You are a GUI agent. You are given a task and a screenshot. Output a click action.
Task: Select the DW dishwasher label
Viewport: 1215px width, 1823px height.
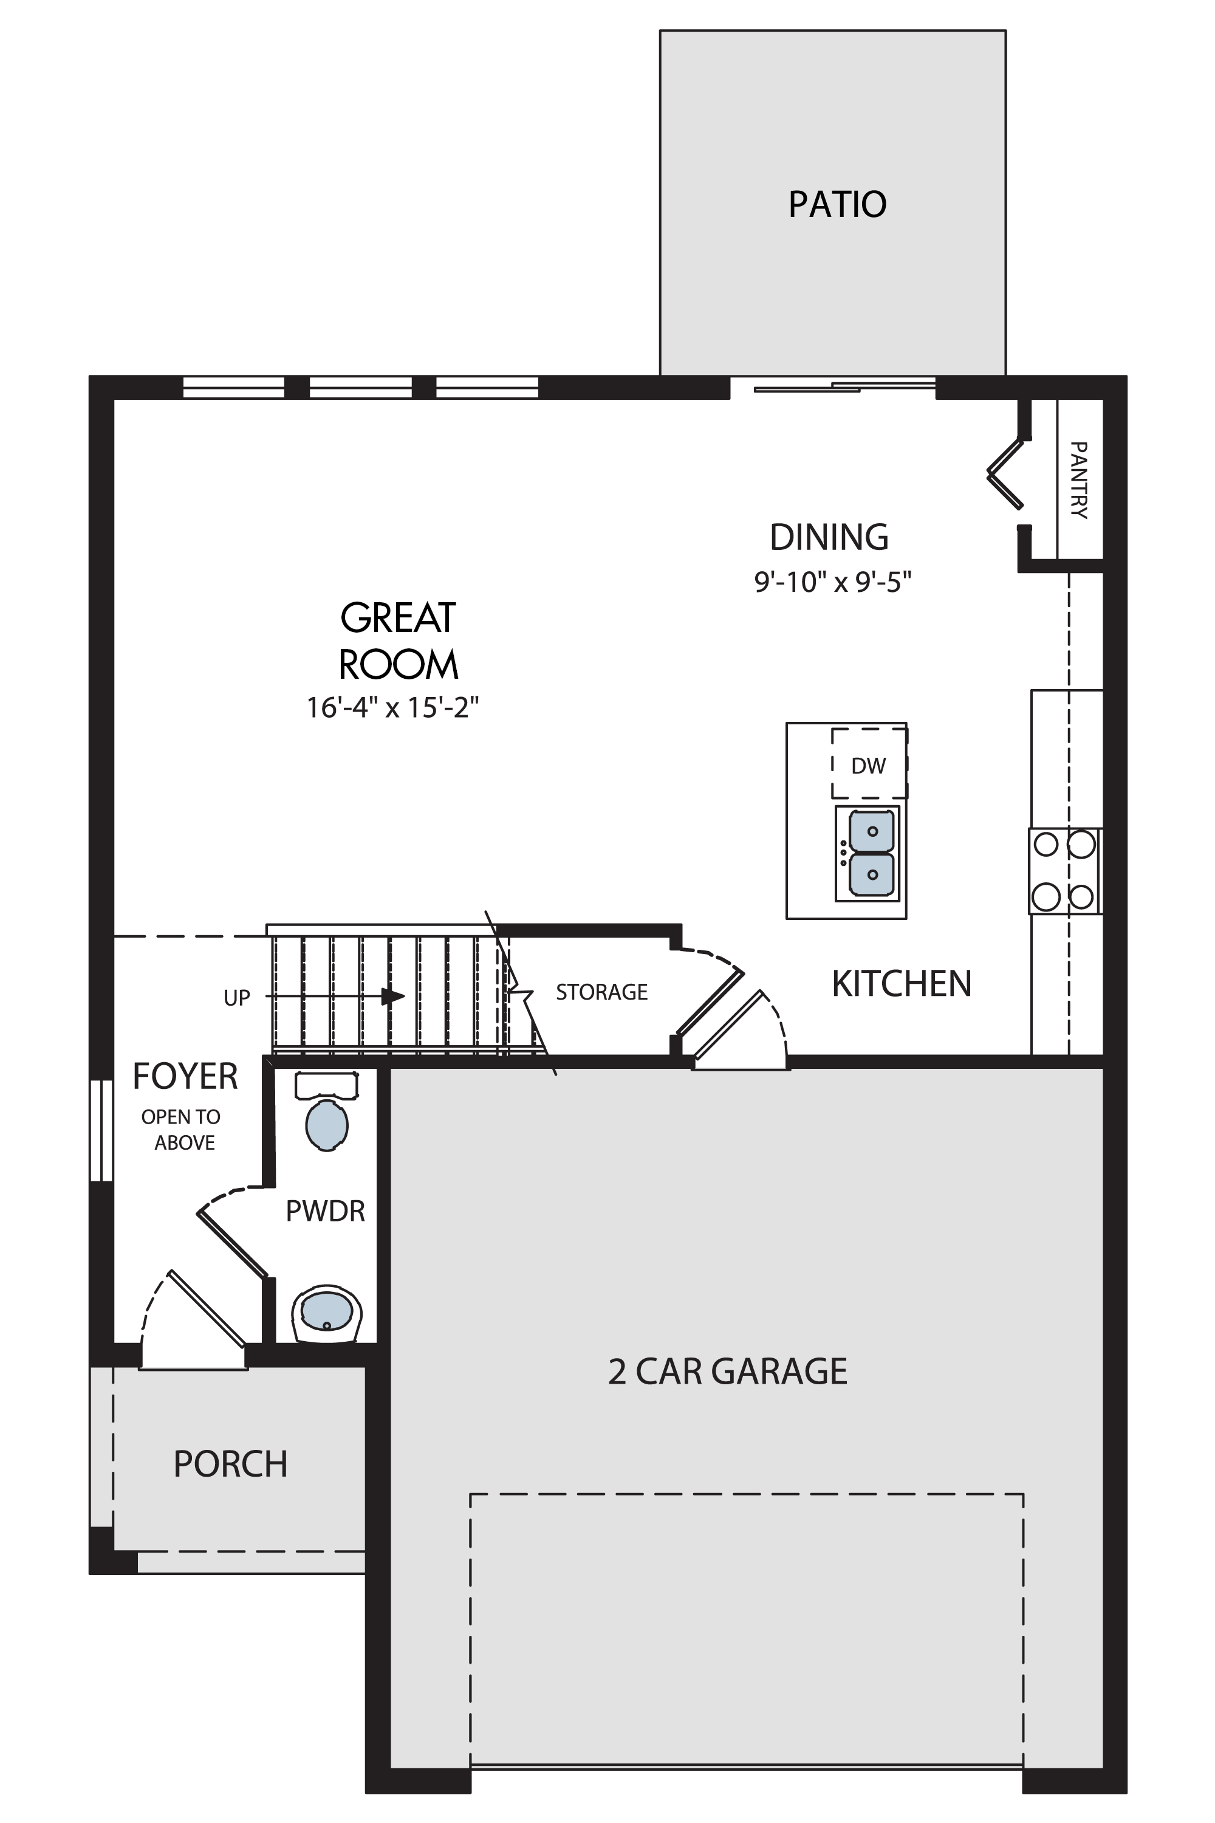[x=868, y=766]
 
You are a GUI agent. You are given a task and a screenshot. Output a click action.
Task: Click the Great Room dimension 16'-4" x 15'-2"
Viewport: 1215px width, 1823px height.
[x=393, y=707]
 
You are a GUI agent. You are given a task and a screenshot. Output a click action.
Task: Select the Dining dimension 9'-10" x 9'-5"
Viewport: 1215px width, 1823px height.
[x=833, y=582]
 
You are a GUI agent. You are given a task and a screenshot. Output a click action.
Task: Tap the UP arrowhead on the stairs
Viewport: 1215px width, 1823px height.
[x=394, y=996]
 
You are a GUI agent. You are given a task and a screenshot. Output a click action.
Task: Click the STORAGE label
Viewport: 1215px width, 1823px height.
[x=601, y=992]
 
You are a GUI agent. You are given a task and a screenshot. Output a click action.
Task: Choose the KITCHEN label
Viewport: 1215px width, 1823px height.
[x=901, y=984]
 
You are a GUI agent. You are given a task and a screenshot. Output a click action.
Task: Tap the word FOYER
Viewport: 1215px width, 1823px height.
[x=185, y=1076]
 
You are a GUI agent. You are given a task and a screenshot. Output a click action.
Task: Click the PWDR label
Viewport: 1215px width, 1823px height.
[x=326, y=1210]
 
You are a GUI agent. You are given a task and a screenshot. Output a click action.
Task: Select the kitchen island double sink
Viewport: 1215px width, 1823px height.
[x=868, y=853]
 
